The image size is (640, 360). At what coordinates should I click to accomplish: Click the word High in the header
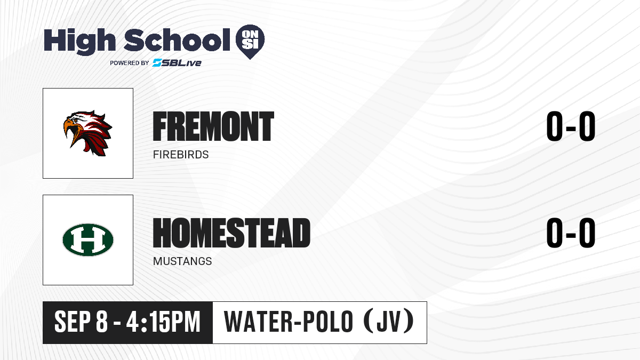[79, 41]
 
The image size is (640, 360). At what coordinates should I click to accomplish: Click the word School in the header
[177, 39]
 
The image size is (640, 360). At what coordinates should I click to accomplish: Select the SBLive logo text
[177, 63]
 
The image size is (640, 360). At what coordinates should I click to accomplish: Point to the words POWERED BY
[130, 63]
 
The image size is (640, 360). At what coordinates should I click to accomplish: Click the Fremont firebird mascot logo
[88, 133]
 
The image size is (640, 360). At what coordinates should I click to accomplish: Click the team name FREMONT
[213, 126]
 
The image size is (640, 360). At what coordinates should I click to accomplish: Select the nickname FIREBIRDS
[181, 155]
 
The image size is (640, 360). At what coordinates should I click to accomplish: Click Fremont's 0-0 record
[571, 126]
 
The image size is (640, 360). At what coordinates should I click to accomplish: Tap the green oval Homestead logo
[88, 239]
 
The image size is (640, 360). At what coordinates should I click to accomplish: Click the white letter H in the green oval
[88, 239]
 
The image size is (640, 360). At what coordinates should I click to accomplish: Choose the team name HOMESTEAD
[231, 233]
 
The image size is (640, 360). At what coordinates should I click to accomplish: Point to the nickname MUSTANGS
[182, 261]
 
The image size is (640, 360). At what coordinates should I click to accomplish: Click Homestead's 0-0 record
[571, 233]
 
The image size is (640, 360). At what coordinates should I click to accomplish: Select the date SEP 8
[81, 322]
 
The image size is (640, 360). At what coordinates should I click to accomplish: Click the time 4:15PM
[163, 322]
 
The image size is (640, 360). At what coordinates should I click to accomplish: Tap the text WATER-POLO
[289, 322]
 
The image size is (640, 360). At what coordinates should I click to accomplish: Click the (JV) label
[389, 321]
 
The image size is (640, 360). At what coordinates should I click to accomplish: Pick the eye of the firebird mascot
[75, 121]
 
